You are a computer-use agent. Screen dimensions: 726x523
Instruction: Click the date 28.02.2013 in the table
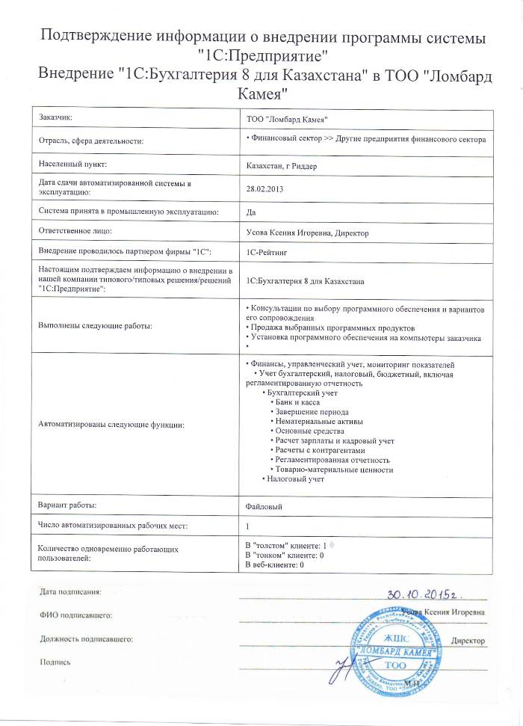tap(265, 189)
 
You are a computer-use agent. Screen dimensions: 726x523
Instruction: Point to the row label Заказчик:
tap(55, 117)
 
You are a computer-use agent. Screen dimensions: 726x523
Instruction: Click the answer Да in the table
tap(250, 212)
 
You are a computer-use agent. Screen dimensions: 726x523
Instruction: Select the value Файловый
tap(264, 506)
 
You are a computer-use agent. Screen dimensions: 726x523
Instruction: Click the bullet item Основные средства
tap(309, 431)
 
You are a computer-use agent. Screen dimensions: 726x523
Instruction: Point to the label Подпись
tap(55, 662)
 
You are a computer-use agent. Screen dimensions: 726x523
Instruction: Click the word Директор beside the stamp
tap(468, 641)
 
